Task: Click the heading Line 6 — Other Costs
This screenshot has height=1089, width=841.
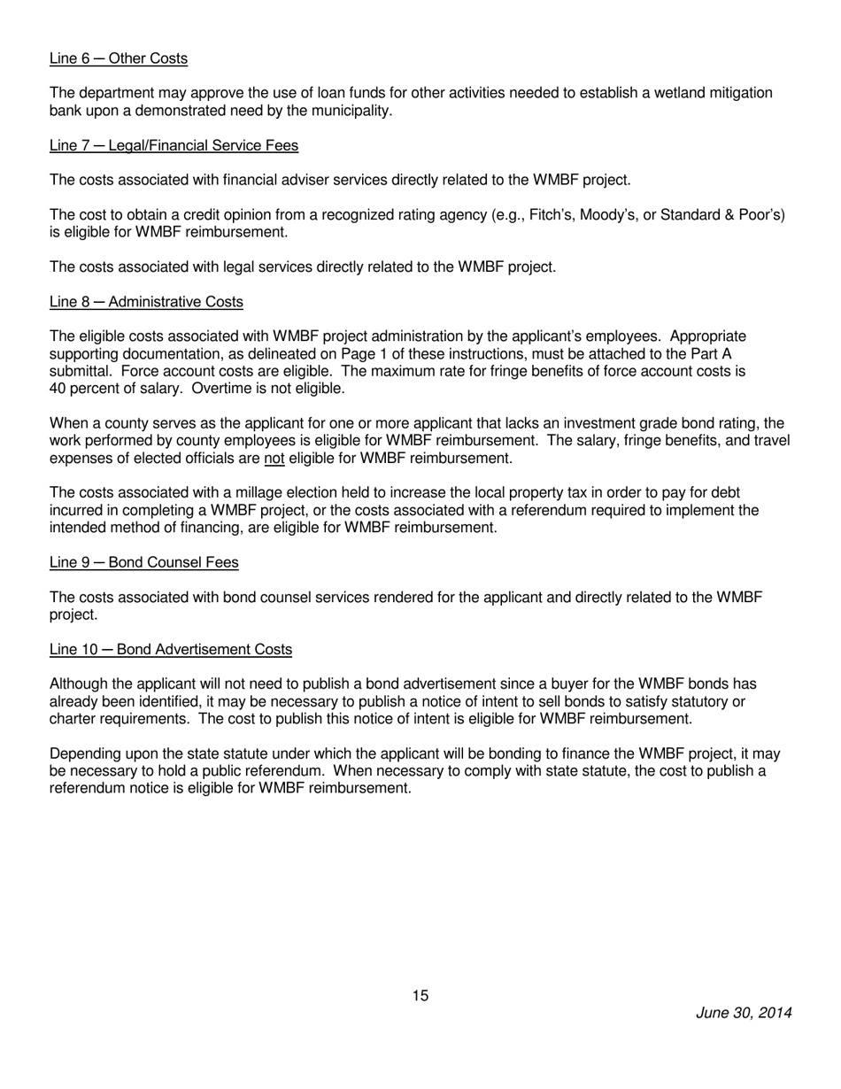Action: (x=119, y=58)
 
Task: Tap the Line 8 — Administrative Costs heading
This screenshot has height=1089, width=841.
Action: (x=146, y=302)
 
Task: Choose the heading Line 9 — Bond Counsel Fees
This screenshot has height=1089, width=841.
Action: (x=143, y=562)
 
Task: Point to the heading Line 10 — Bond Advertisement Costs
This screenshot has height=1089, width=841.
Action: (x=170, y=649)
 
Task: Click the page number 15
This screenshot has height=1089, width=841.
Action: (x=420, y=996)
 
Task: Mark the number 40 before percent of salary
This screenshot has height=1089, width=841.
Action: (x=58, y=389)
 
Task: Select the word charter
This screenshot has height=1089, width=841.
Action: (x=73, y=719)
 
